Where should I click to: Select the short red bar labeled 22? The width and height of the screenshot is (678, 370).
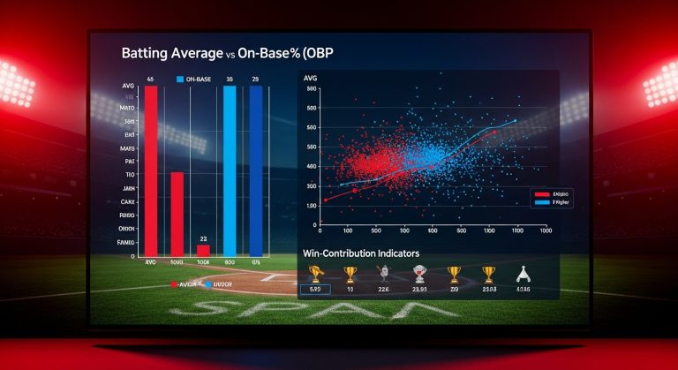203,250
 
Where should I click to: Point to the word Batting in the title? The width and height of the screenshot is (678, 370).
147,53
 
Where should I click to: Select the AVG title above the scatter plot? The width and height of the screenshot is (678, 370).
310,79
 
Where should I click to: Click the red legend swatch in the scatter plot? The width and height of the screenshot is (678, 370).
541,193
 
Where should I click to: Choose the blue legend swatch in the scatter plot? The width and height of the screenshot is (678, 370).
541,202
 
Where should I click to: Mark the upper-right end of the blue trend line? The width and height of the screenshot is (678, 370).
516,121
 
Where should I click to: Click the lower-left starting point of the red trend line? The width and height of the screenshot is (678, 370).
324,200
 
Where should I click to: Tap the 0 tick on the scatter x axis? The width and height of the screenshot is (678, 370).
320,230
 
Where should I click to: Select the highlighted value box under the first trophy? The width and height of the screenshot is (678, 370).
315,289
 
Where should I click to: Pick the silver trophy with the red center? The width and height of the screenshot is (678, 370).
419,274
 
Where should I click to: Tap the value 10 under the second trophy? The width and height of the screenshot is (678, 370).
350,289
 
